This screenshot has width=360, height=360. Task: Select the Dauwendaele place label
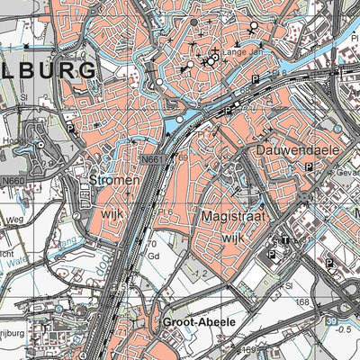pos(287,148)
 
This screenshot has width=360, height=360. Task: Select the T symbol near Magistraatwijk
pos(284,241)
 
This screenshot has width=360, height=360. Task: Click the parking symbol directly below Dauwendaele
pos(309,167)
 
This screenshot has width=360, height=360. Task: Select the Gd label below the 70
pos(154,255)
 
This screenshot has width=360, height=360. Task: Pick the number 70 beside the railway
pos(150,243)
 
